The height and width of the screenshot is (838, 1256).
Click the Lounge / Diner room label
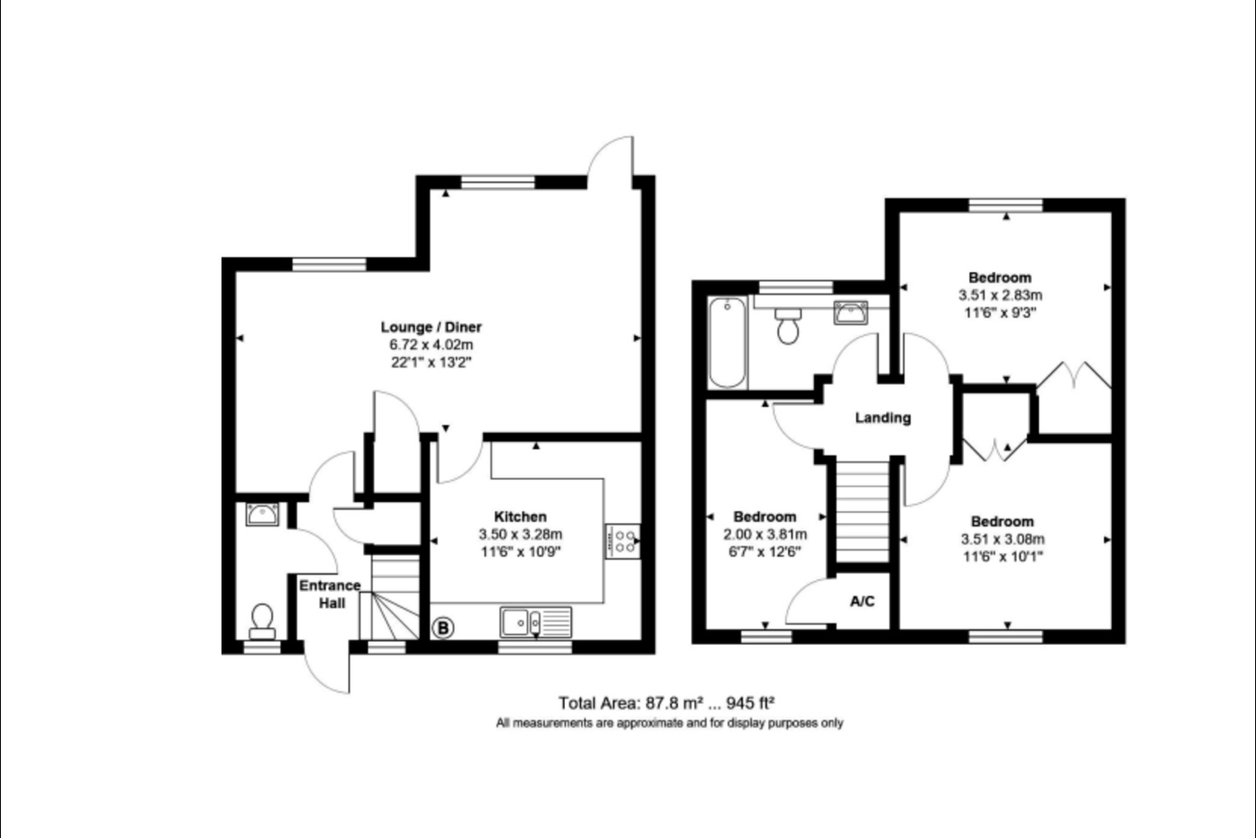[431, 327]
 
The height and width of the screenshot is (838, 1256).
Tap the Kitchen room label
[520, 517]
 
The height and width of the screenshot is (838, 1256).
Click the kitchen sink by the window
[536, 622]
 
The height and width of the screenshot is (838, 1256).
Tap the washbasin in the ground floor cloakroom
[262, 515]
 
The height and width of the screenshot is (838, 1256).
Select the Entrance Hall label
[330, 594]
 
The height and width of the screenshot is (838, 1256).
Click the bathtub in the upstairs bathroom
[727, 343]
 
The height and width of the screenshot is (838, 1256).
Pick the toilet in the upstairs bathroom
[788, 326]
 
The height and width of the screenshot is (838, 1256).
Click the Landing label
[883, 418]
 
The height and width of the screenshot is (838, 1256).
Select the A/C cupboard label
[862, 601]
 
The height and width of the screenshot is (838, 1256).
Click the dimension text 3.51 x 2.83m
[1000, 295]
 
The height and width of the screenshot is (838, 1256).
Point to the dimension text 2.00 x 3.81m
[765, 534]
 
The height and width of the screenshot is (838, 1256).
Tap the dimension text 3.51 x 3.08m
[1002, 539]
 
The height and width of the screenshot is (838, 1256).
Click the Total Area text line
[667, 703]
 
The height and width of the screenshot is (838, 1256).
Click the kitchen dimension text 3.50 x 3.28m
[520, 534]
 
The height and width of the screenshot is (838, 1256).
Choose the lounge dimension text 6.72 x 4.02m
[431, 345]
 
